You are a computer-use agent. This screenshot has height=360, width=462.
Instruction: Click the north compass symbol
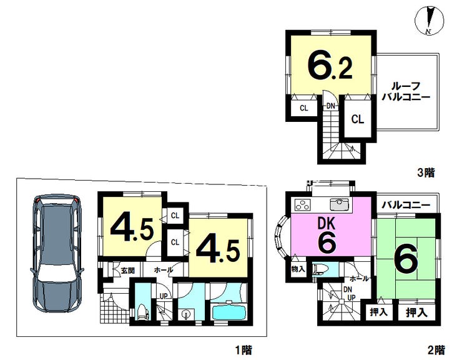pos(429,20)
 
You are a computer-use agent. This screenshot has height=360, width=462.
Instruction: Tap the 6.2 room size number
pos(330,65)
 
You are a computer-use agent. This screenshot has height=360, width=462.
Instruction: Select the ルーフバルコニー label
pos(406,91)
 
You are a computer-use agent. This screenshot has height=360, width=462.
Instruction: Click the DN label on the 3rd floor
pos(331,106)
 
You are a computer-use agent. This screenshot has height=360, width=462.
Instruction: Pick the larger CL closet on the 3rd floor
pos(357,119)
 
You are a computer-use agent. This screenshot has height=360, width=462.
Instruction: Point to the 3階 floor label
pos(426,172)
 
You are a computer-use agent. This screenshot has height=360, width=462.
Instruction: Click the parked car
pos(57,253)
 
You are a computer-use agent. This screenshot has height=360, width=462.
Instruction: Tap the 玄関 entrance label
pos(127,270)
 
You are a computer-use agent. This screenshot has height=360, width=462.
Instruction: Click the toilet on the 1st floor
pos(142,312)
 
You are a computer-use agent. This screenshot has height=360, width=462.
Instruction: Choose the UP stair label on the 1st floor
pos(163,296)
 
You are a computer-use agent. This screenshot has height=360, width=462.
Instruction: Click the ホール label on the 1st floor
pos(163,270)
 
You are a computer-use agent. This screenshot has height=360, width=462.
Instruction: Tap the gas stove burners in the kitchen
pos(303,204)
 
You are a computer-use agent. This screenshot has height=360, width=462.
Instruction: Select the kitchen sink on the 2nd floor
pos(339,204)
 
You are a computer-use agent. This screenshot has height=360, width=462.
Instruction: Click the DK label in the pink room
pos(327,223)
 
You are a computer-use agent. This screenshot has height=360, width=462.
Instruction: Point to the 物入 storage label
pos(298,269)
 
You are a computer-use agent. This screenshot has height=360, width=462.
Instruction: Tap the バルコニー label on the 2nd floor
pos(406,205)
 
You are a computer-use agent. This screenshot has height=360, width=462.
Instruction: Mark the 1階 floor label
pos(243,350)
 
